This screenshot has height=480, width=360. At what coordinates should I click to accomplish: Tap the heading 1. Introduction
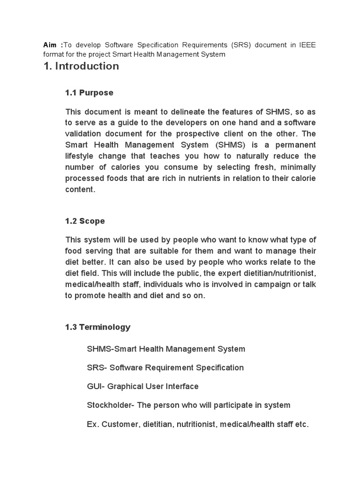(x=81, y=66)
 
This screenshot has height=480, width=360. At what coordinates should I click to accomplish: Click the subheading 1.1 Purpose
(x=89, y=93)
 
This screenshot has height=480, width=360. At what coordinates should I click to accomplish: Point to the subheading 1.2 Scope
(x=85, y=221)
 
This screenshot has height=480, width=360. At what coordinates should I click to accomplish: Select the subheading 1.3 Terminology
(x=98, y=327)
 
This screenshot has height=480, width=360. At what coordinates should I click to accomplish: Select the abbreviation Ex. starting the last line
(x=93, y=424)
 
